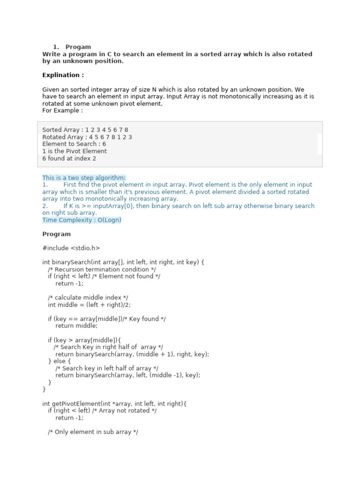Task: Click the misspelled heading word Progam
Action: pos(78,47)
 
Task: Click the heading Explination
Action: pos(63,75)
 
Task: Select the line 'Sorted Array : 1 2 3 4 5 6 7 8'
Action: pos(85,130)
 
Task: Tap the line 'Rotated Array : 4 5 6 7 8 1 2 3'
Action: pos(87,137)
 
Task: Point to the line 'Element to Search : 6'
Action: pos(74,144)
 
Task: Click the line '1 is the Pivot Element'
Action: pos(75,151)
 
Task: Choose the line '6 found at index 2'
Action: pos(69,158)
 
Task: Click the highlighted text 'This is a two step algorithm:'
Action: pos(84,178)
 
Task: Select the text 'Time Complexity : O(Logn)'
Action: pos(82,220)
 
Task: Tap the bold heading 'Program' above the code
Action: pos(56,234)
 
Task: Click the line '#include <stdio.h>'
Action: pos(71,248)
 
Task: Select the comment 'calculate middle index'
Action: pos(88,298)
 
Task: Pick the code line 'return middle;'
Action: pos(76,326)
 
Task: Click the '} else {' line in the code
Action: pos(59,361)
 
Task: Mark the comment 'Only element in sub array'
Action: pos(93,432)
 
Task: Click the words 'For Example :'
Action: pos(62,111)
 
